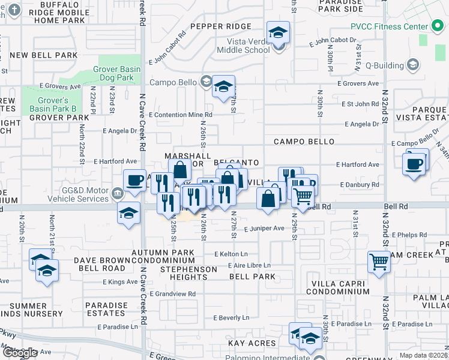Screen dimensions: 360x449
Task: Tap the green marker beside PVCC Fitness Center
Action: click(436, 26)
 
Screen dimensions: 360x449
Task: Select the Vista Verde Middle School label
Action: click(248, 46)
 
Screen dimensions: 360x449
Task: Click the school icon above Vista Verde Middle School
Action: click(278, 32)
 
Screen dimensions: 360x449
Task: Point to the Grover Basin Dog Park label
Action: click(117, 73)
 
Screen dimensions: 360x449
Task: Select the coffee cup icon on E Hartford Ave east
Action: click(414, 163)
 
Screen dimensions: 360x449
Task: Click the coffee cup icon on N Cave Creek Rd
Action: click(135, 180)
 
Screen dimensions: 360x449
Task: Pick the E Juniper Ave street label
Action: click(264, 229)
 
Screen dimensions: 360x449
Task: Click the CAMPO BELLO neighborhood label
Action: click(304, 142)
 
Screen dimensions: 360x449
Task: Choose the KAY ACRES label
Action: click(252, 343)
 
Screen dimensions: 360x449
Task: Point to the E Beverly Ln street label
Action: click(231, 317)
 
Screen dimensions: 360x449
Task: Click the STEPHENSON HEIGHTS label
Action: click(188, 273)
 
